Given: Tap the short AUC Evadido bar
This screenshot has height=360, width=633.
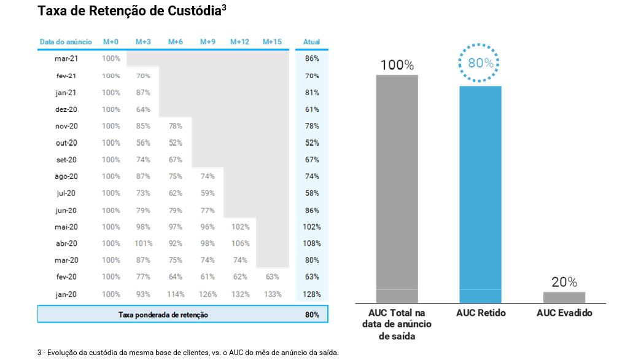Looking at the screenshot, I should pyautogui.click(x=564, y=297).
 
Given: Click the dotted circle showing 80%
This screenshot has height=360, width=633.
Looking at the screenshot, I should pyautogui.click(x=480, y=63).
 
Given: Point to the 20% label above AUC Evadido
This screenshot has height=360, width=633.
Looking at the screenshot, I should pyautogui.click(x=564, y=282).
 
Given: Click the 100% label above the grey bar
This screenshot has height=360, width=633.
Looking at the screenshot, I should pyautogui.click(x=397, y=65).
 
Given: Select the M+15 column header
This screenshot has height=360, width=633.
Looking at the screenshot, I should pyautogui.click(x=272, y=42).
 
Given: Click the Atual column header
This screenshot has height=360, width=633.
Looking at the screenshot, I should pyautogui.click(x=312, y=42).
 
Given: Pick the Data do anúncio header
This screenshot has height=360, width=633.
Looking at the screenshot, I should pyautogui.click(x=66, y=42).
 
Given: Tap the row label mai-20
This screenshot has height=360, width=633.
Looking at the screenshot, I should pyautogui.click(x=66, y=227).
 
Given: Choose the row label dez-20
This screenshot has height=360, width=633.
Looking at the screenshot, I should pyautogui.click(x=66, y=109).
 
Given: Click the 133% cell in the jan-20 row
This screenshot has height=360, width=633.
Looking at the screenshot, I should pyautogui.click(x=272, y=294).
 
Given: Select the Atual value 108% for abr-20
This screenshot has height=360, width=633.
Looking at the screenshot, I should pyautogui.click(x=312, y=243).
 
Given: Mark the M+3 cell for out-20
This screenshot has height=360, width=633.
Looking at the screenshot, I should pyautogui.click(x=143, y=143).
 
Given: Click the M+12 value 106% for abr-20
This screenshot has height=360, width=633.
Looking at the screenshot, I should pyautogui.click(x=240, y=243).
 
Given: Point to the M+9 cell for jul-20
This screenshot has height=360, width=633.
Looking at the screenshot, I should pyautogui.click(x=208, y=193).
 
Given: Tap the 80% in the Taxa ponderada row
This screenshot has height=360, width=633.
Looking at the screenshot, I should pyautogui.click(x=312, y=315).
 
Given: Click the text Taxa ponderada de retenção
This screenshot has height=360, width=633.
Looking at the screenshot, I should pyautogui.click(x=163, y=315).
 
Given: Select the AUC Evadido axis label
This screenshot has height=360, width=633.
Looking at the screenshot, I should pyautogui.click(x=564, y=313).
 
